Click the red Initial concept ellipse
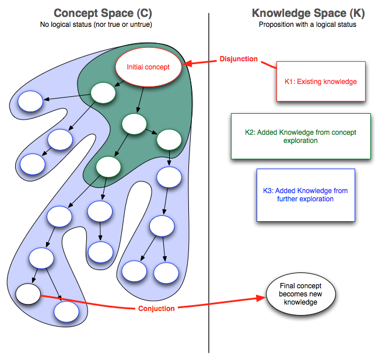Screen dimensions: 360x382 (148, 67)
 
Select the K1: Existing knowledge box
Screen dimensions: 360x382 (321, 82)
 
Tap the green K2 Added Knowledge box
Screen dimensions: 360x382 (300, 137)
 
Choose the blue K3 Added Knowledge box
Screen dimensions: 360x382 (306, 195)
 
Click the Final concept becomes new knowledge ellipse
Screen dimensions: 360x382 (298, 295)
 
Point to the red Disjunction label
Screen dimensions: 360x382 (239, 59)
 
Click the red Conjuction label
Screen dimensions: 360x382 (156, 308)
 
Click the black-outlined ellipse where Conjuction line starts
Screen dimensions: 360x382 (27, 293)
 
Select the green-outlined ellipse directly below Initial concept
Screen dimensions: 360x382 (103, 92)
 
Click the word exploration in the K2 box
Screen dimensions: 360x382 (300, 141)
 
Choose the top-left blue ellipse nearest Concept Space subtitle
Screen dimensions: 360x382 (30, 102)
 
